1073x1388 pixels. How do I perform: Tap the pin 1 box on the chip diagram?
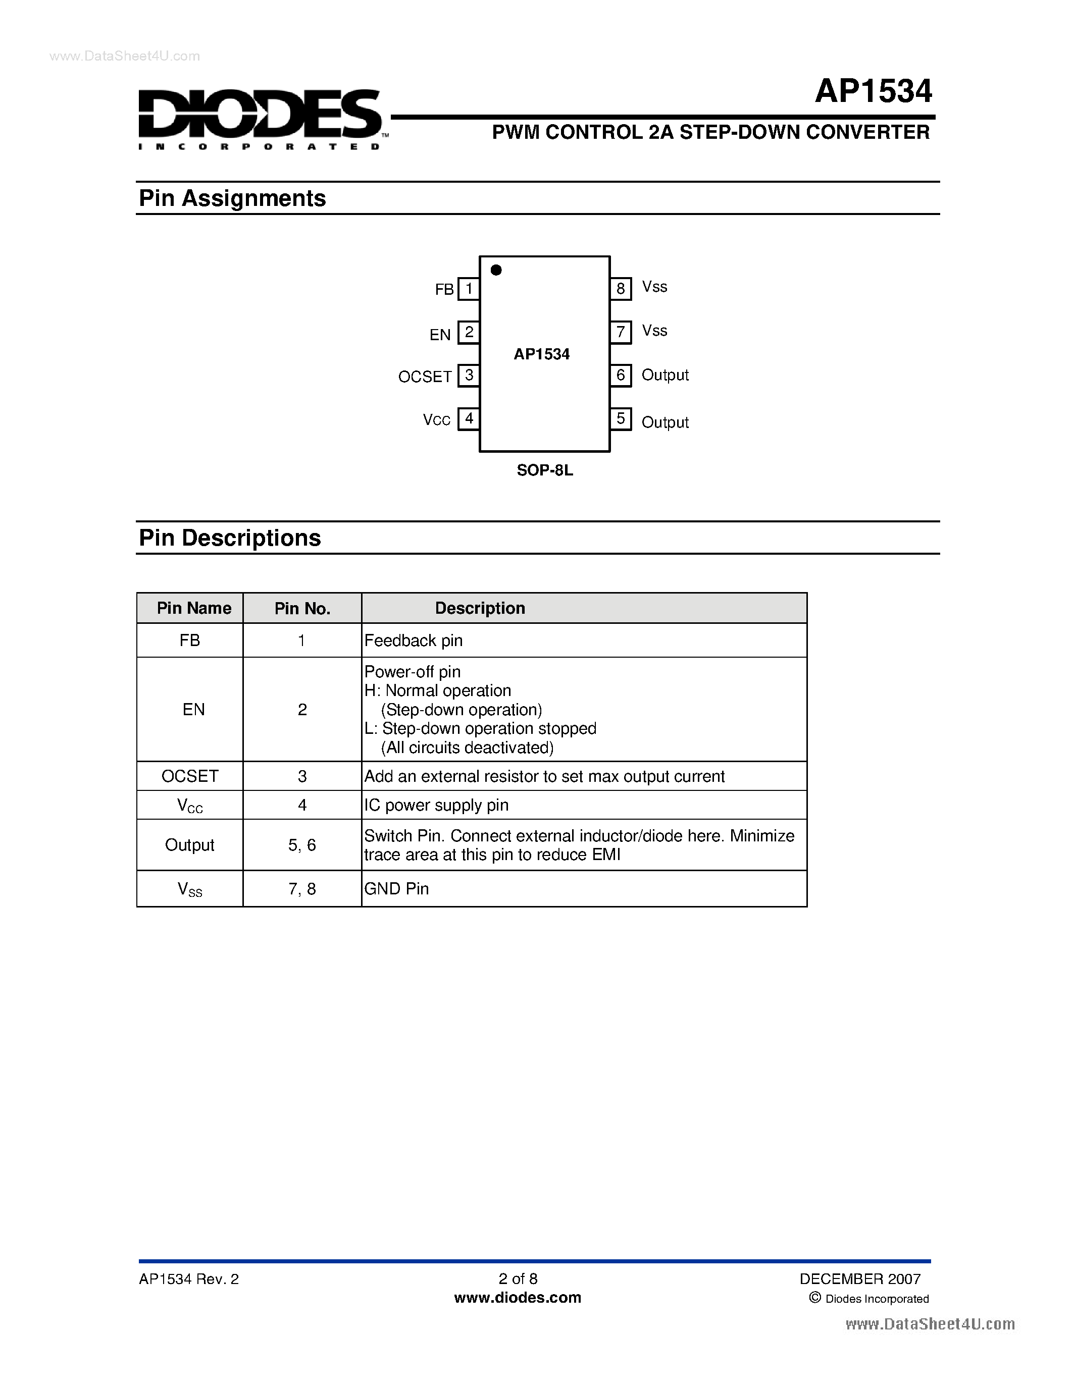469,289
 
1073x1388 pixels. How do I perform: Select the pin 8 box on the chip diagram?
621,289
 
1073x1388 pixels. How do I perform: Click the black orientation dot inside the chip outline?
496,270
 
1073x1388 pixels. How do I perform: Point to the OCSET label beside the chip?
424,377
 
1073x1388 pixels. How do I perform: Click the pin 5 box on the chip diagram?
621,419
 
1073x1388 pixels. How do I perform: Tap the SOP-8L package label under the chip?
545,470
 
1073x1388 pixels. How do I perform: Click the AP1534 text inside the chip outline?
542,354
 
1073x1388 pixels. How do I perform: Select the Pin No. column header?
302,609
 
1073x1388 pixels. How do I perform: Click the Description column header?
480,608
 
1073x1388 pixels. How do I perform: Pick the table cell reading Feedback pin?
413,640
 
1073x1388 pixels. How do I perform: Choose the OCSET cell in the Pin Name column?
189,776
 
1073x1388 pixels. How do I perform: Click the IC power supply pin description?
436,805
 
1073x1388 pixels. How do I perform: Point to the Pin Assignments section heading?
232,198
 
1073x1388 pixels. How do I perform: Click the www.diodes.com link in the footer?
518,1298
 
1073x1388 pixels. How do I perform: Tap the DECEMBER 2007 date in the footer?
859,1278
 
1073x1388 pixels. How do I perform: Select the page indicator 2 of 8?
518,1278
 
